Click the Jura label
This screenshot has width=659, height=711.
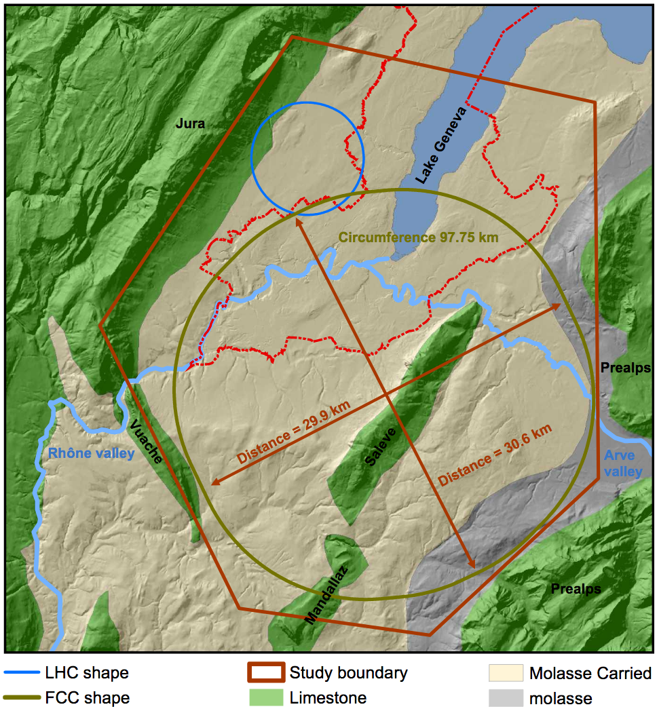click(x=190, y=124)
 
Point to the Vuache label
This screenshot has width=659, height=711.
click(x=146, y=442)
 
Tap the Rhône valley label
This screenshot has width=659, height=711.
click(x=91, y=453)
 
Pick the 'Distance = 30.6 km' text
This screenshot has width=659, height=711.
click(x=495, y=455)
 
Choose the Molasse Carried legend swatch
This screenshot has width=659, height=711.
click(x=506, y=674)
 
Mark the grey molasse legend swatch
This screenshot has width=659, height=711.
click(x=506, y=697)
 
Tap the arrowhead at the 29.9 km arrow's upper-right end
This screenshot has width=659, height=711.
click(x=558, y=306)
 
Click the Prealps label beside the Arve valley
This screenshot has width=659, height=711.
click(x=625, y=368)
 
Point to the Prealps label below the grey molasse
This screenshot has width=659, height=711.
click(x=576, y=588)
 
